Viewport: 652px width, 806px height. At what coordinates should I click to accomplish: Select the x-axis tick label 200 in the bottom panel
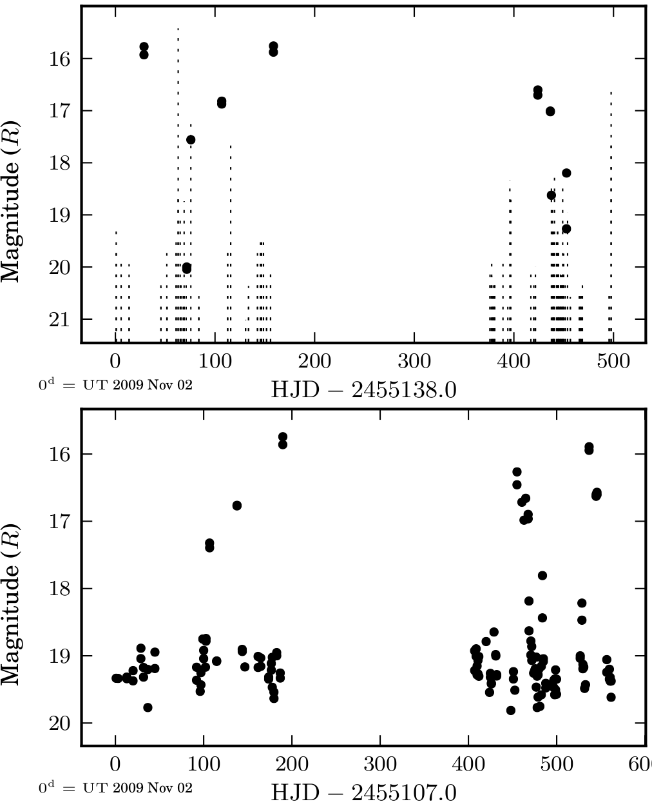pyautogui.click(x=292, y=764)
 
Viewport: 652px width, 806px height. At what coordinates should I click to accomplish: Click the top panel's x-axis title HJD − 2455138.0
pyautogui.click(x=364, y=389)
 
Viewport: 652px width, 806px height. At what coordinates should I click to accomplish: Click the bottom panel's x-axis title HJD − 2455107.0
pyautogui.click(x=364, y=792)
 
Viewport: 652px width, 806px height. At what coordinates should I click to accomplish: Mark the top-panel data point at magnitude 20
pyautogui.click(x=187, y=268)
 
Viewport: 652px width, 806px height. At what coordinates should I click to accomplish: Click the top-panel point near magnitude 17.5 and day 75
pyautogui.click(x=191, y=140)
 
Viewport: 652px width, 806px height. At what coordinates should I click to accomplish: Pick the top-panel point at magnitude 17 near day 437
pyautogui.click(x=550, y=111)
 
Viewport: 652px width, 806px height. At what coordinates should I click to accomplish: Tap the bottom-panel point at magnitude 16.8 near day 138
pyautogui.click(x=236, y=506)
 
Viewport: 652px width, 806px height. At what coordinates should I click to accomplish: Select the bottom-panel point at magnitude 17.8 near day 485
pyautogui.click(x=542, y=575)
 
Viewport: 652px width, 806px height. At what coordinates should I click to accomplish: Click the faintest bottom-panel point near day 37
pyautogui.click(x=148, y=707)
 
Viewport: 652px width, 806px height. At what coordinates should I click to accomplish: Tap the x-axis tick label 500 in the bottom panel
pyautogui.click(x=556, y=764)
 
